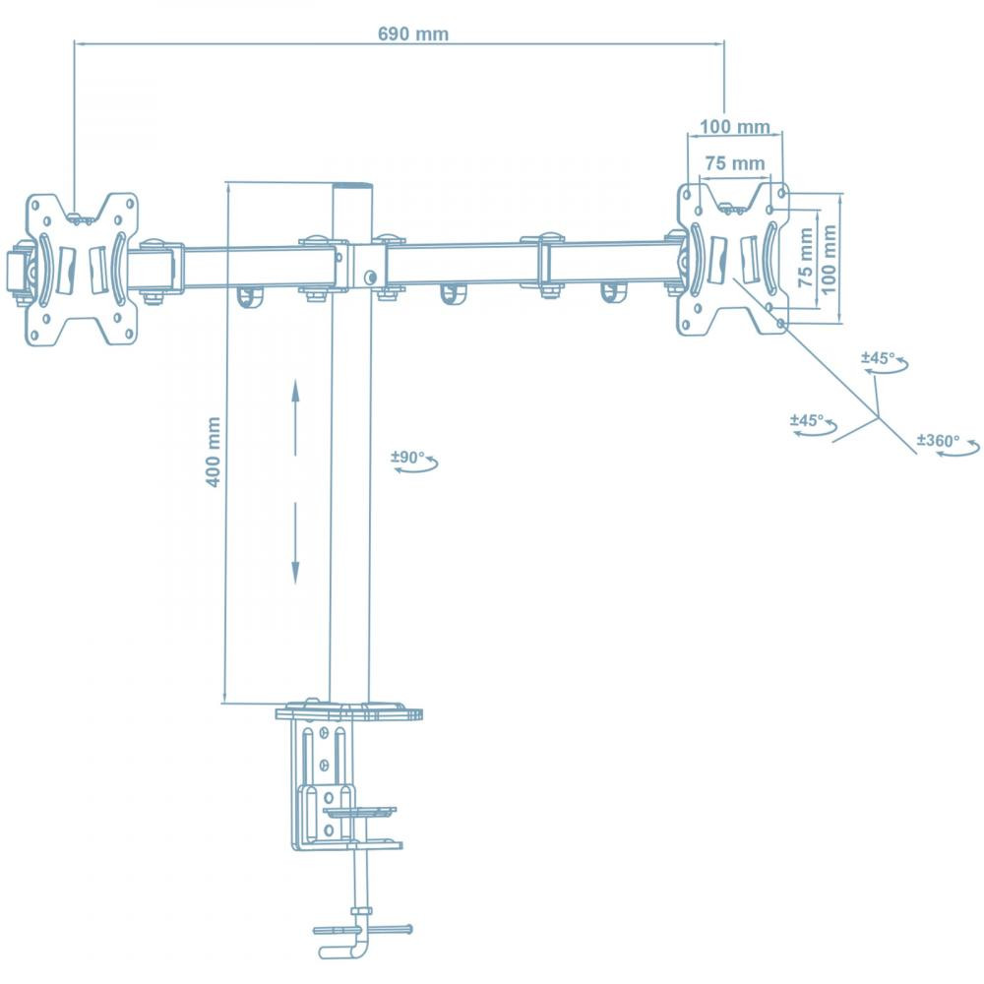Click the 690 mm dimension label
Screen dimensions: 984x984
pyautogui.click(x=413, y=33)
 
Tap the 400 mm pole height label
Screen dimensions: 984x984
pyautogui.click(x=214, y=452)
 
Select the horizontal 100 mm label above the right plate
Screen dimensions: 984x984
pyautogui.click(x=735, y=126)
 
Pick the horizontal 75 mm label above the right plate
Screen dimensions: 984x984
pyautogui.click(x=735, y=163)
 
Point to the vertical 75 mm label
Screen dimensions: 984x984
pyautogui.click(x=806, y=257)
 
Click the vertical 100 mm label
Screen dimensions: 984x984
pyautogui.click(x=828, y=259)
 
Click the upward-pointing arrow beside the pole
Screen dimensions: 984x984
pyautogui.click(x=295, y=416)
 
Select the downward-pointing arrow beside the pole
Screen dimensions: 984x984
pyautogui.click(x=295, y=543)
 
